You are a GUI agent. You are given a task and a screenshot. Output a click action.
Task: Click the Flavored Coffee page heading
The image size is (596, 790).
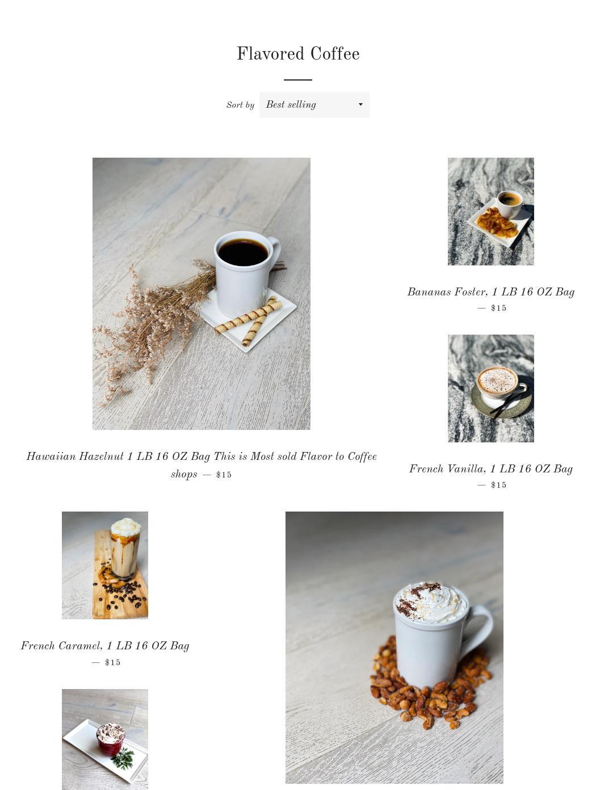298,54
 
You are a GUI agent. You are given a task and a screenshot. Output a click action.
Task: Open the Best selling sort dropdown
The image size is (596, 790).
314,105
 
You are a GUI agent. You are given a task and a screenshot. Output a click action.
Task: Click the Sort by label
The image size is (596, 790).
240,105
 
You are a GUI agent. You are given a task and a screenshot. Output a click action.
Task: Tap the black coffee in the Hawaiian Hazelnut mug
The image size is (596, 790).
243,252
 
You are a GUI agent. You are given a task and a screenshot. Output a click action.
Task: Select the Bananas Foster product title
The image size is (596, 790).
490,292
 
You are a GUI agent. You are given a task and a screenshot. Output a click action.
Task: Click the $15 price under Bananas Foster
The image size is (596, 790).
498,308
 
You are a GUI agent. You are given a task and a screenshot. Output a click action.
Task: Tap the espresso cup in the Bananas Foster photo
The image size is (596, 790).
509,204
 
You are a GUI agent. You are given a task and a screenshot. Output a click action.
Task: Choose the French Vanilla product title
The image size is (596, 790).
490,469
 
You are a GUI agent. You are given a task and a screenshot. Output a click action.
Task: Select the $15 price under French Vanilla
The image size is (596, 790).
498,485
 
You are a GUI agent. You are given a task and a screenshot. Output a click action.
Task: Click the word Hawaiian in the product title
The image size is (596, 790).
51,457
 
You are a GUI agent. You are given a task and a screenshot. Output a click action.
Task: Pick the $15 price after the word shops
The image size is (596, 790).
224,475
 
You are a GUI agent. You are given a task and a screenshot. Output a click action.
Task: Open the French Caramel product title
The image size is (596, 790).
105,646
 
